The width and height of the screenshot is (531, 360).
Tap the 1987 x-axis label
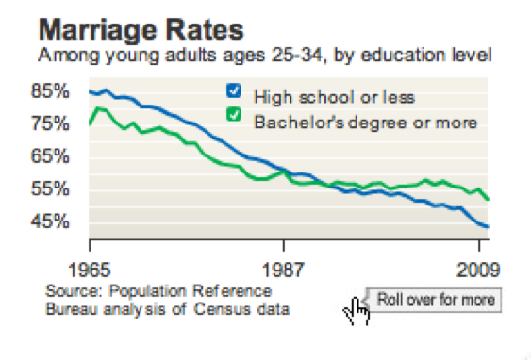coord(285,267)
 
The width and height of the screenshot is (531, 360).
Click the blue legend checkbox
coord(233,92)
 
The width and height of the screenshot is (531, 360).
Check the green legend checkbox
coord(233,118)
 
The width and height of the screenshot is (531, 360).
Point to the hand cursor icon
coord(357,309)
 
